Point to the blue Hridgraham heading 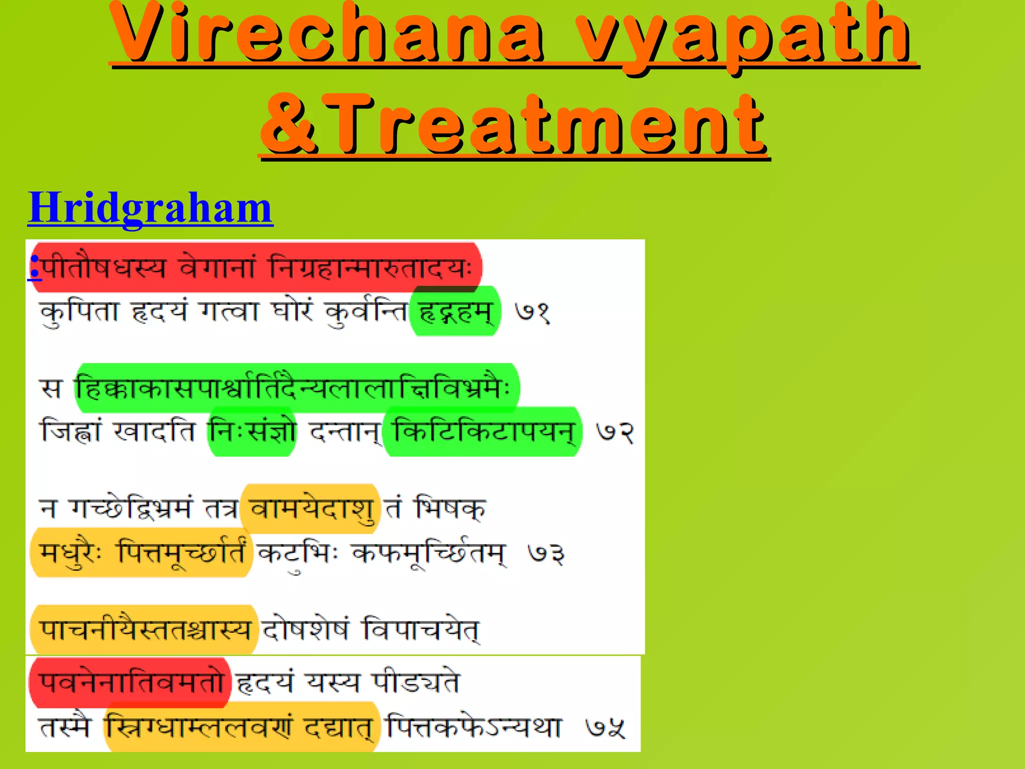point(150,207)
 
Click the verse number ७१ point(533,312)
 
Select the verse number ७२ point(615,432)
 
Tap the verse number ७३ point(546,554)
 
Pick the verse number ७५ point(606,728)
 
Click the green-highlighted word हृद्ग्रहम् point(454,312)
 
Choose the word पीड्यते point(415,682)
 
